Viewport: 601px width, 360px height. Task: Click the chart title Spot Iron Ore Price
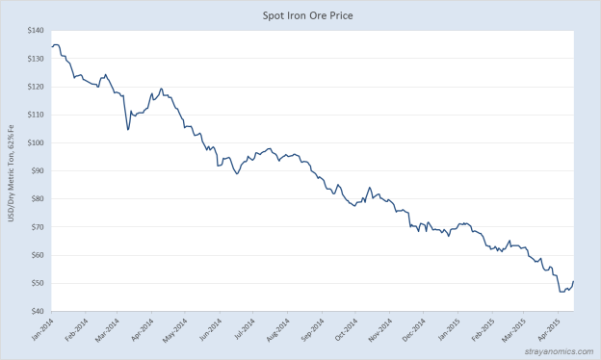300,15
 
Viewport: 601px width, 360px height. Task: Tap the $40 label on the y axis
34,311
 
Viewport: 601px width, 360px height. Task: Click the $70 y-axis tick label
34,227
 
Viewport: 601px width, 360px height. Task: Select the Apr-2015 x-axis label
549,330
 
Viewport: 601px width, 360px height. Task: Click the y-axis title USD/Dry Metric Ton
11,171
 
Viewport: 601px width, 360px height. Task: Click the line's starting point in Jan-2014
50,47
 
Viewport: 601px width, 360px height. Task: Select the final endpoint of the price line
574,281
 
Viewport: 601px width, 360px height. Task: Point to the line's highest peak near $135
56,44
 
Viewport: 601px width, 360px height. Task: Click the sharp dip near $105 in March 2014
128,129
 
